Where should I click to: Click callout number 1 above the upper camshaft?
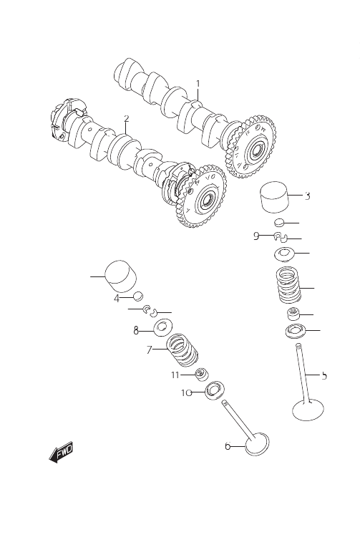pyautogui.click(x=198, y=84)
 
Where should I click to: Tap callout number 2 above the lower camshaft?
pyautogui.click(x=127, y=118)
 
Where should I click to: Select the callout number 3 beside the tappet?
pyautogui.click(x=307, y=196)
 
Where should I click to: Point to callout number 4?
pyautogui.click(x=117, y=299)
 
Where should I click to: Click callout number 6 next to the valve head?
pyautogui.click(x=228, y=446)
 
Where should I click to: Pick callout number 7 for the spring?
pyautogui.click(x=149, y=350)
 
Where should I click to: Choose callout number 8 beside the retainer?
pyautogui.click(x=136, y=330)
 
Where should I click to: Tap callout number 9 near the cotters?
pyautogui.click(x=256, y=236)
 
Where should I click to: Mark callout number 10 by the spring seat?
pyautogui.click(x=186, y=393)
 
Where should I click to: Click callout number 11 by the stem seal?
pyautogui.click(x=175, y=375)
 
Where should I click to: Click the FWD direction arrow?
pyautogui.click(x=61, y=453)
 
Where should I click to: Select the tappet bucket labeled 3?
pyautogui.click(x=274, y=198)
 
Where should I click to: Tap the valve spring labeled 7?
pyautogui.click(x=183, y=350)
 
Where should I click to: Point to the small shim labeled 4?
pyautogui.click(x=138, y=297)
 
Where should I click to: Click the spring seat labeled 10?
pyautogui.click(x=215, y=390)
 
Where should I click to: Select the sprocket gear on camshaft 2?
pyautogui.click(x=201, y=196)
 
